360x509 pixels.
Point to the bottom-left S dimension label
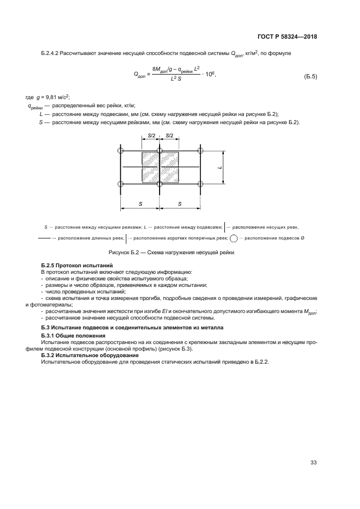(x=140, y=203)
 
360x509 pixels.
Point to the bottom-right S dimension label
(x=179, y=203)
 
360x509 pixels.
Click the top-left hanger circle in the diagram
(x=121, y=151)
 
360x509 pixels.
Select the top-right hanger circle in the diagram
(x=200, y=151)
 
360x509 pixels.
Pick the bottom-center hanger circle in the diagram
(x=159, y=185)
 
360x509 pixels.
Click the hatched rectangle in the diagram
(x=160, y=168)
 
